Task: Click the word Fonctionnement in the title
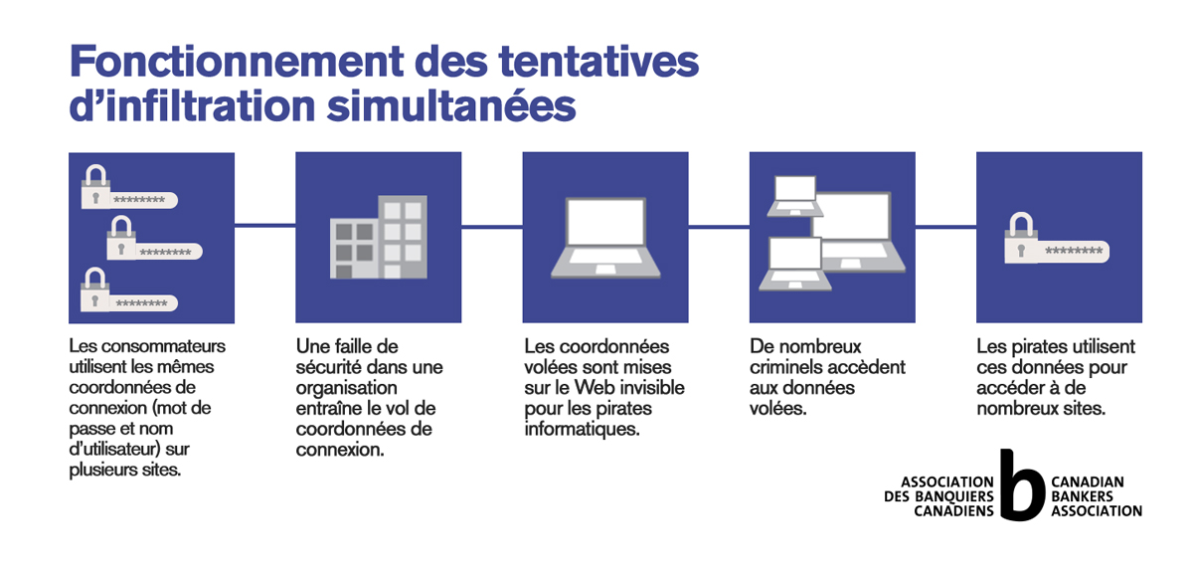237,62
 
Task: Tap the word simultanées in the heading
451,105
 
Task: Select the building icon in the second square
379,237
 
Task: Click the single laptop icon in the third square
605,238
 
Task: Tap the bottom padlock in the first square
94,289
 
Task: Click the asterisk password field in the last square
1073,252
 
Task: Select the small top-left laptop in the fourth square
795,196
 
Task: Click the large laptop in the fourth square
857,233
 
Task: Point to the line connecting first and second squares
265,226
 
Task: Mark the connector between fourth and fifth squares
945,227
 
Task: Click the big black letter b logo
1022,485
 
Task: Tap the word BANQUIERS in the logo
954,496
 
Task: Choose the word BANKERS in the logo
1082,496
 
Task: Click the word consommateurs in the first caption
163,346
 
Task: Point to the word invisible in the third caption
650,387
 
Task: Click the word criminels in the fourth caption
785,367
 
